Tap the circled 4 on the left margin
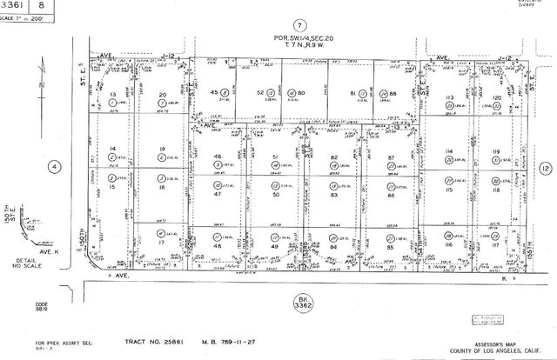[54, 167]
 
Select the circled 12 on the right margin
[545, 167]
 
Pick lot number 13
[112, 94]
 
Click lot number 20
[162, 94]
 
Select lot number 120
[497, 97]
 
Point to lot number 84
[333, 247]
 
